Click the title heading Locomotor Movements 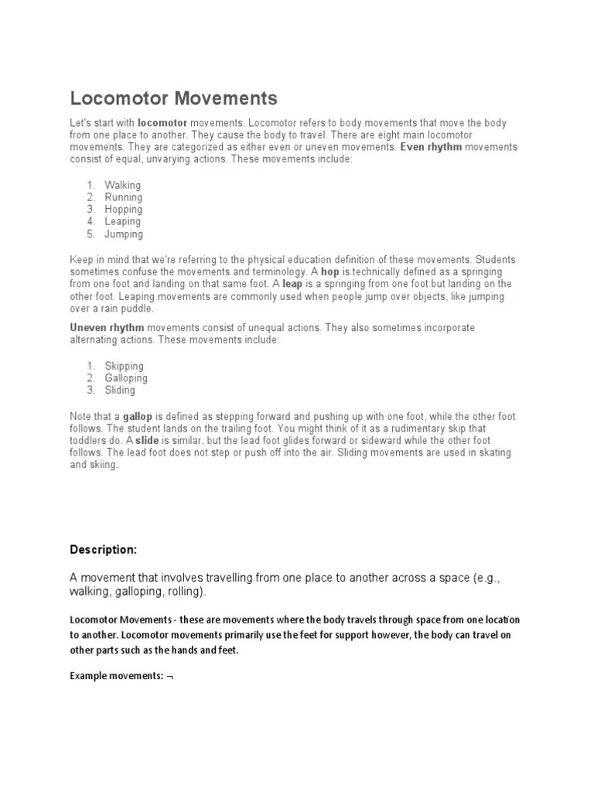173,99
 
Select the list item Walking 123,185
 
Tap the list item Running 124,197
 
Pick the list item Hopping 124,210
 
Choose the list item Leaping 123,222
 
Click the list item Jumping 124,234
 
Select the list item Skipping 125,366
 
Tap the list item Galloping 126,378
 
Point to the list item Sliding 120,391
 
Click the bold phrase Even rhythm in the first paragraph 431,147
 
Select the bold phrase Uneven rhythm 107,328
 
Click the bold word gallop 138,417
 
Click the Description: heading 104,550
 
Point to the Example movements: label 117,675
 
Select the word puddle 129,309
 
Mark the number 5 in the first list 90,234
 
